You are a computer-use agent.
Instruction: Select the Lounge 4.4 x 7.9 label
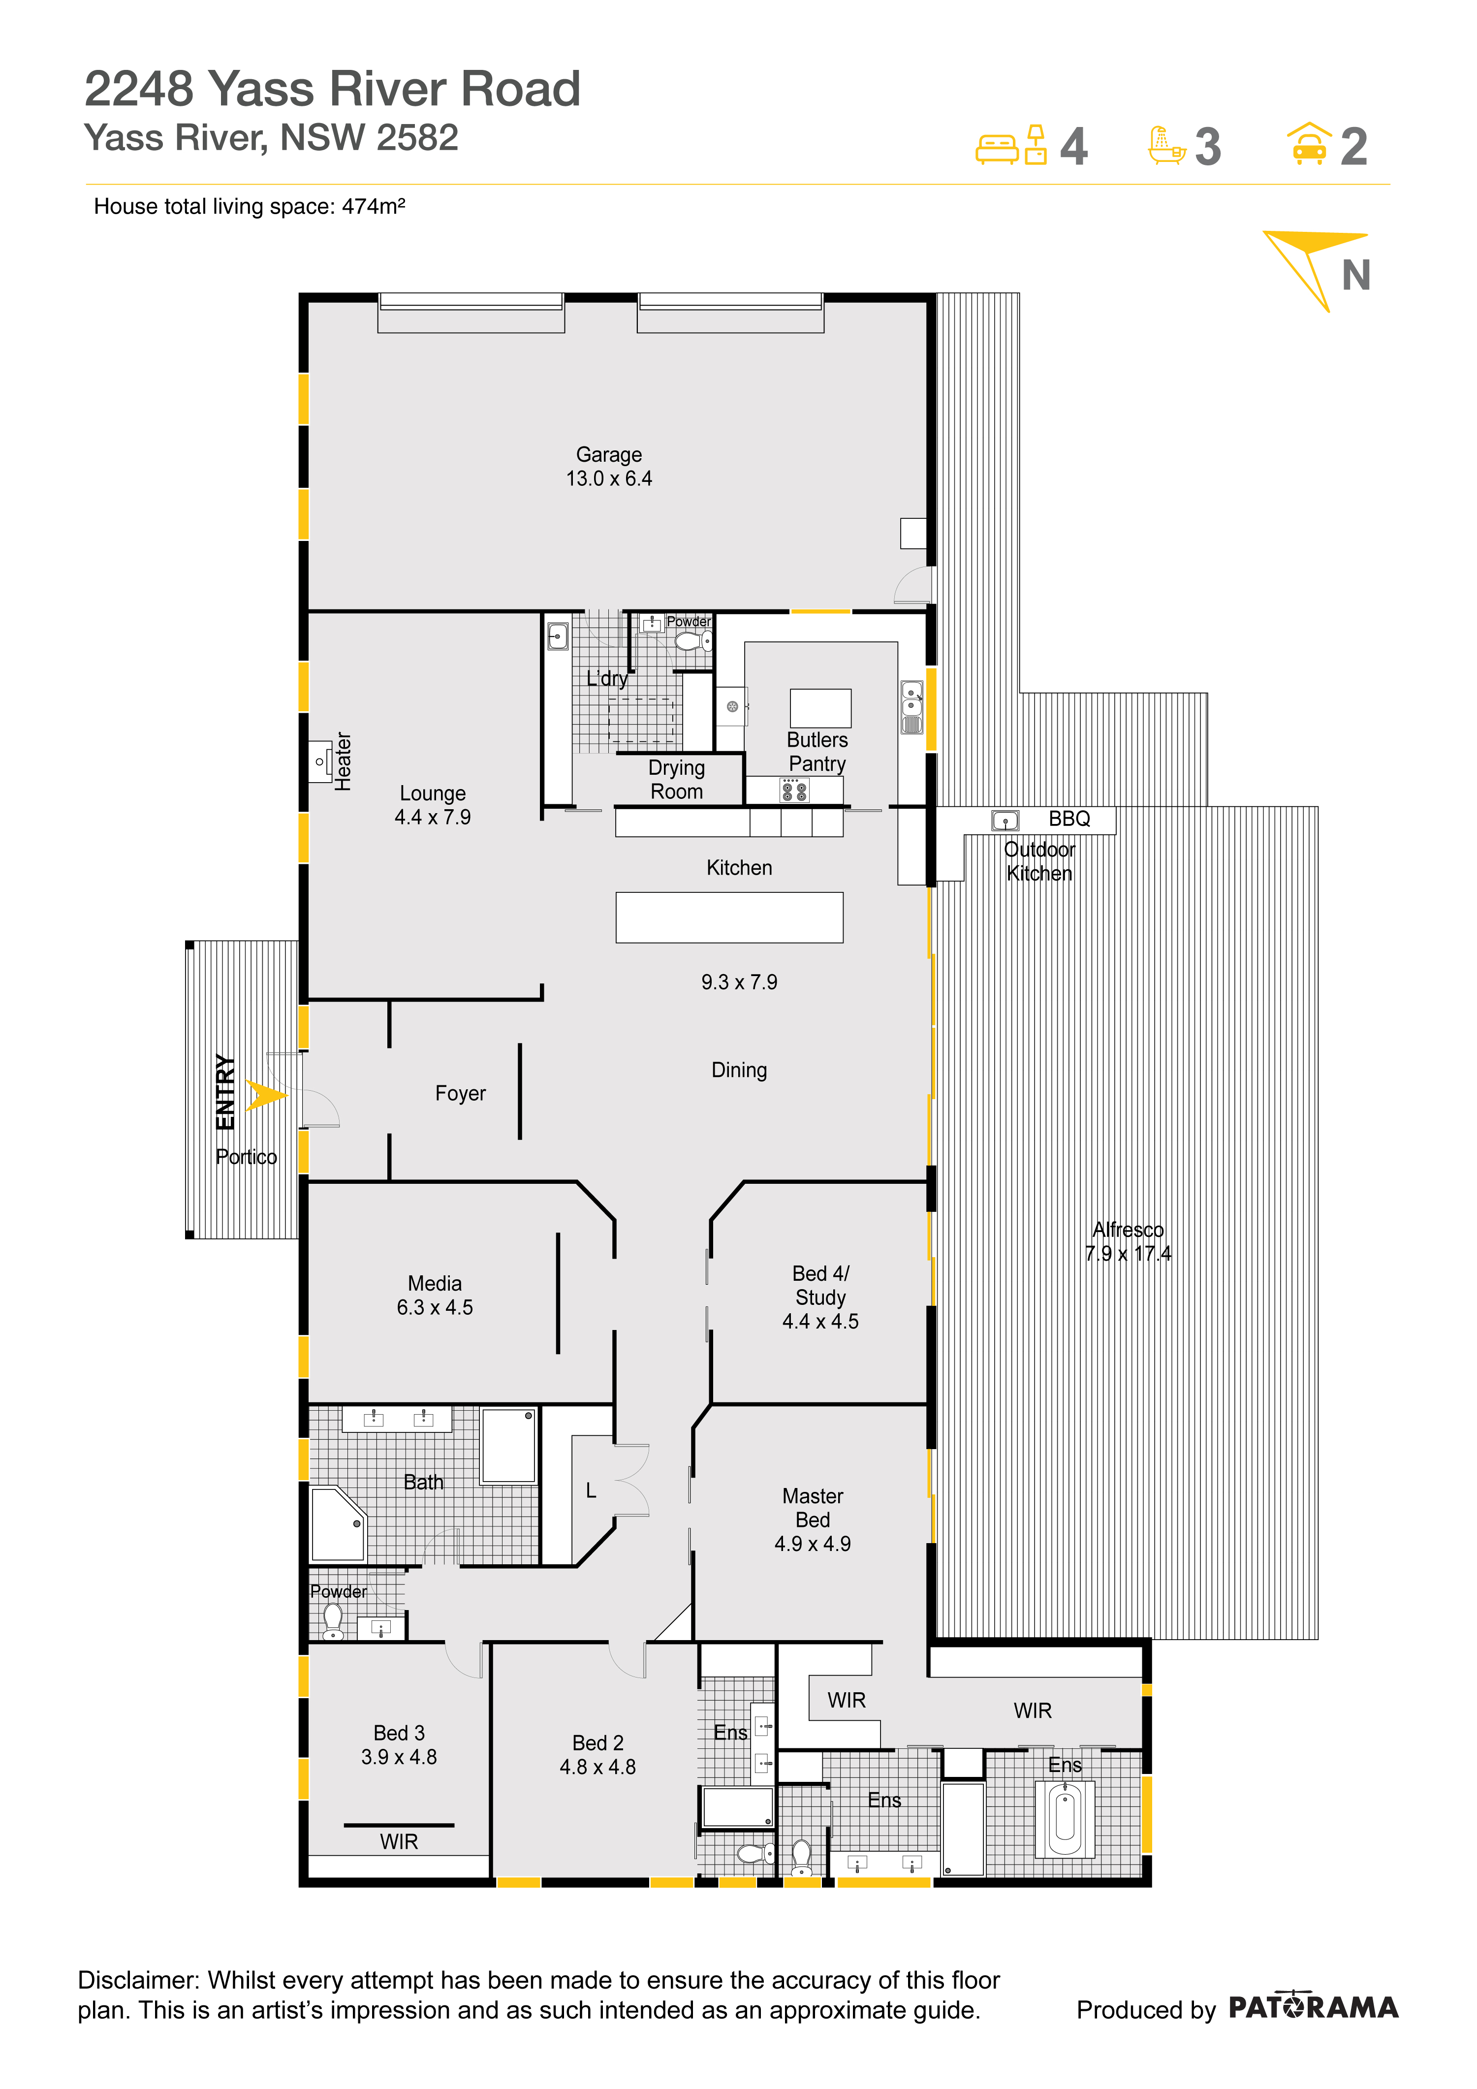(x=433, y=805)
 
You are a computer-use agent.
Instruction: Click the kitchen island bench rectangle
(x=729, y=917)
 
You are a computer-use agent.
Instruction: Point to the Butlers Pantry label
(x=817, y=752)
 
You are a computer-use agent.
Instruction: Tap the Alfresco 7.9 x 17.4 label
(x=1128, y=1241)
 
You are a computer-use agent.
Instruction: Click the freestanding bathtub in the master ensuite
(x=1065, y=1818)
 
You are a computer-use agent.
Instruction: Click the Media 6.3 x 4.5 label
(x=435, y=1296)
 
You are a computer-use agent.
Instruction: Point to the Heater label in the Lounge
(x=343, y=761)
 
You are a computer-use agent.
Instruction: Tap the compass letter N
(x=1356, y=276)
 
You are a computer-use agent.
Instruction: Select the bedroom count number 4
(x=1074, y=147)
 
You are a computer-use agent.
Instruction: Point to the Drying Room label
(x=677, y=780)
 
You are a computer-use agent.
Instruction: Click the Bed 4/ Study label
(x=820, y=1298)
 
